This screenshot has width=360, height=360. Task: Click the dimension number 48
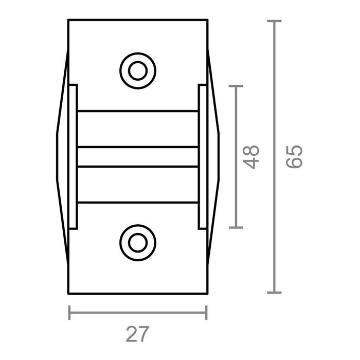tap(251, 157)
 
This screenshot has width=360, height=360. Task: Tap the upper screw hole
tap(138, 70)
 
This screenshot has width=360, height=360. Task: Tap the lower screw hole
tap(138, 242)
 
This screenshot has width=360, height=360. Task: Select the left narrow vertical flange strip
tap(73, 156)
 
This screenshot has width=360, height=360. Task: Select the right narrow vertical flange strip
tap(203, 156)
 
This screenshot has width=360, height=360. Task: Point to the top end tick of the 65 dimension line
tap(274, 21)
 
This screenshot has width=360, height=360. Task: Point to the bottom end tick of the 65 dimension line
tap(274, 292)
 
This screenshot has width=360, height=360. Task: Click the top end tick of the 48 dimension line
tap(236, 86)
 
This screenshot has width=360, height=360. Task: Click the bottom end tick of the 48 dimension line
tap(236, 227)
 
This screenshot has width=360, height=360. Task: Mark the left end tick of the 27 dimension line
tap(69, 312)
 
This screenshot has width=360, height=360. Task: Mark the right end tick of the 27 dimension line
tap(206, 312)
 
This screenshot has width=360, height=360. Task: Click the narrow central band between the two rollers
tap(138, 157)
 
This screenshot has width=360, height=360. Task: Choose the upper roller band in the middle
tap(138, 129)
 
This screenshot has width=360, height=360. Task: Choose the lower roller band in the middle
tap(138, 184)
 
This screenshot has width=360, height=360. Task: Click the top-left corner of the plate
tap(68, 20)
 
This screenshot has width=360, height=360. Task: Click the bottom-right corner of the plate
tap(207, 293)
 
